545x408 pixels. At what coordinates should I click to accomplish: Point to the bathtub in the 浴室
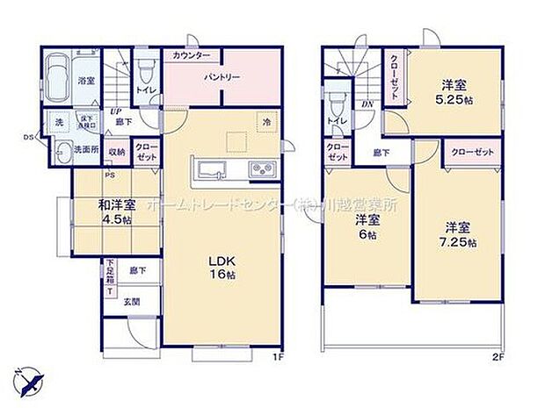(56, 78)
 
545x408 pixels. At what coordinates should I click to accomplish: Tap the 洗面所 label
(88, 149)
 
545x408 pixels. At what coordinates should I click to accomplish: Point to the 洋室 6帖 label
(367, 228)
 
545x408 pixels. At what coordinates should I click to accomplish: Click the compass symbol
(33, 380)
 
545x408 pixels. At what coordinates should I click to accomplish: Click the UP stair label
(115, 111)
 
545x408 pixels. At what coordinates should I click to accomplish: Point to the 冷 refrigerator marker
(265, 122)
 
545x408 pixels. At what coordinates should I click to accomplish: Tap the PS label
(111, 175)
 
